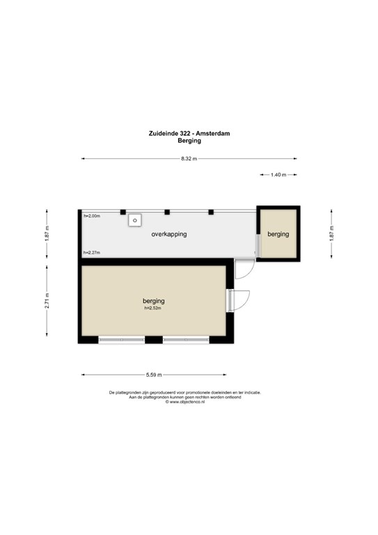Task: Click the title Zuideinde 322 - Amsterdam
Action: pyautogui.click(x=189, y=134)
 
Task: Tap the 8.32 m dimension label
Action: pyautogui.click(x=189, y=159)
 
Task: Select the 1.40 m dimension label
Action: pyautogui.click(x=278, y=175)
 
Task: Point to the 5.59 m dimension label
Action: pyautogui.click(x=154, y=375)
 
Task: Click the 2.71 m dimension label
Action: pyautogui.click(x=47, y=301)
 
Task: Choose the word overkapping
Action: pyautogui.click(x=169, y=234)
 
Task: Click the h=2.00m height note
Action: pyautogui.click(x=92, y=216)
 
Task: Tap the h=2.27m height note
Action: pyautogui.click(x=92, y=252)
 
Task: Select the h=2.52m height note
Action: pyautogui.click(x=152, y=308)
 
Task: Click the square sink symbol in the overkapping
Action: pyautogui.click(x=135, y=220)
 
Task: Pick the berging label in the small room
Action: pyautogui.click(x=278, y=234)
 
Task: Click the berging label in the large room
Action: pyautogui.click(x=154, y=301)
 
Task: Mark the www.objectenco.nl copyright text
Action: pyautogui.click(x=184, y=402)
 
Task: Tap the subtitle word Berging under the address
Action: pyautogui.click(x=189, y=141)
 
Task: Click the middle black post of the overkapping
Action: pyautogui.click(x=167, y=212)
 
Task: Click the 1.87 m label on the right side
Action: pyautogui.click(x=331, y=234)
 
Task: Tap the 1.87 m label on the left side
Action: pyautogui.click(x=47, y=234)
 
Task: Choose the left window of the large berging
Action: pyautogui.click(x=122, y=340)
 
